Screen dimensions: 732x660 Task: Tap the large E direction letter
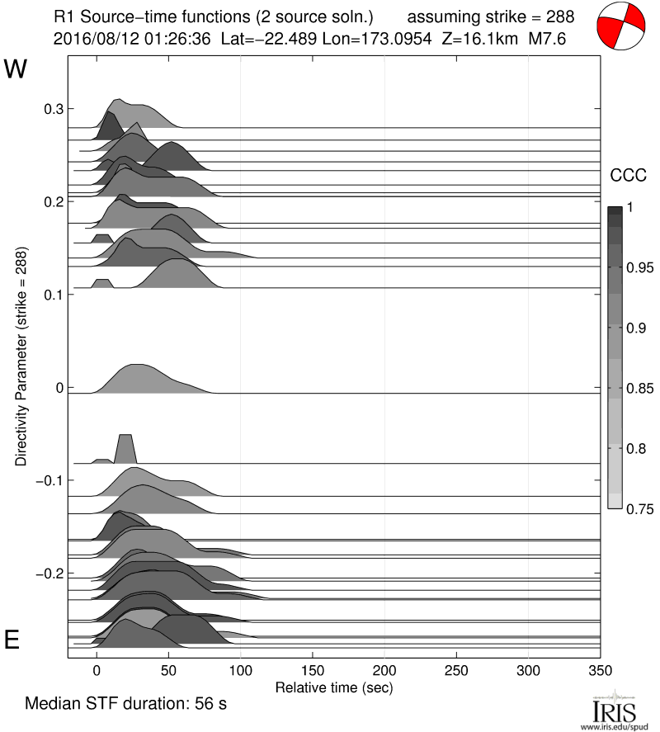(12, 641)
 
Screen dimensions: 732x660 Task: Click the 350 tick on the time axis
(600, 671)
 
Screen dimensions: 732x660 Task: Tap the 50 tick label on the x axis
(168, 671)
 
